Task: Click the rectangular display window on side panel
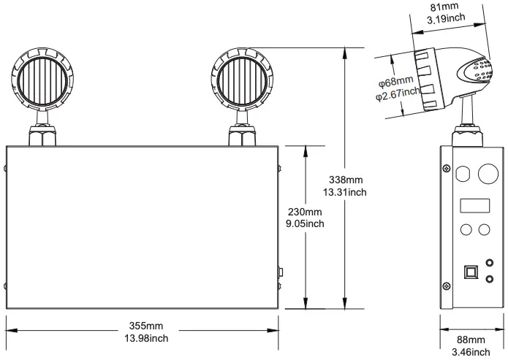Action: pos(474,205)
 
